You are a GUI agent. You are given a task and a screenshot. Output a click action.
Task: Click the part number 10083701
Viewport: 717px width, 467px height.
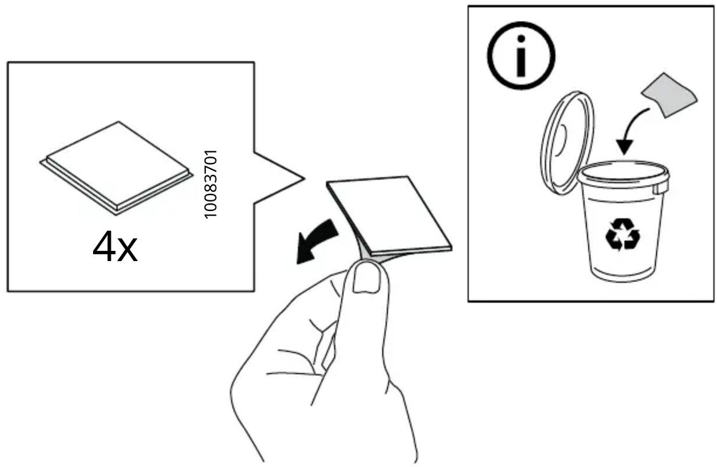click(210, 184)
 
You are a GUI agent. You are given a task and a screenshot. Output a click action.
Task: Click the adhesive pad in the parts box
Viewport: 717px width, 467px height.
click(116, 167)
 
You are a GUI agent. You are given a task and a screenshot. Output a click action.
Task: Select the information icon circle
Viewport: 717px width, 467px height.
click(521, 55)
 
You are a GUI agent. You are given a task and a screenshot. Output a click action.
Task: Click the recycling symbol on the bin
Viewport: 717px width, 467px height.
click(623, 234)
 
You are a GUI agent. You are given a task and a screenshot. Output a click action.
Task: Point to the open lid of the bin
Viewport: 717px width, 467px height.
click(567, 143)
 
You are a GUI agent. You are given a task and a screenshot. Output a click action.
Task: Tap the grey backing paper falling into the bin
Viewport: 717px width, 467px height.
click(669, 94)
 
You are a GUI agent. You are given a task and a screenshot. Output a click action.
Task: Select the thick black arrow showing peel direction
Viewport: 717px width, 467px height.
click(317, 240)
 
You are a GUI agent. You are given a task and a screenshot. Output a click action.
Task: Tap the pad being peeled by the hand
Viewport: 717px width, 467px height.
click(390, 214)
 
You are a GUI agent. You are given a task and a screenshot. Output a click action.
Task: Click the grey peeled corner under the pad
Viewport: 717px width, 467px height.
click(367, 255)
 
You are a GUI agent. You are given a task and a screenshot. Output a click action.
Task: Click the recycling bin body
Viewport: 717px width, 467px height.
click(623, 229)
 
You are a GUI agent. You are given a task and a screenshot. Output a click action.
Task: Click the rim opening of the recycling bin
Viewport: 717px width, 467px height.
click(623, 173)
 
